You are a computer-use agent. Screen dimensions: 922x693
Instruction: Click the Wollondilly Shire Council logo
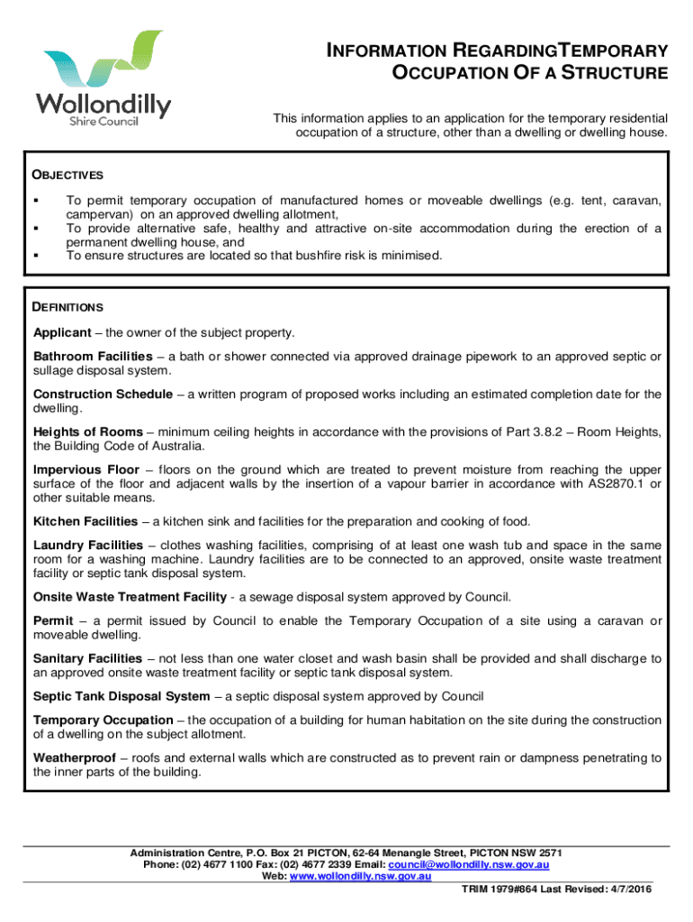pos(103,79)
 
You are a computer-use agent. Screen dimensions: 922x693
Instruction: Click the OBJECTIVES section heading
pos(68,175)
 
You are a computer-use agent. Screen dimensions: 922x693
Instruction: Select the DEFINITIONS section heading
pos(68,308)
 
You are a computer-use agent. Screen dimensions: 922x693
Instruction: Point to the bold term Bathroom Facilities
pos(94,357)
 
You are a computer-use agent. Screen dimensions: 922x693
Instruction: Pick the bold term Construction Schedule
pos(103,394)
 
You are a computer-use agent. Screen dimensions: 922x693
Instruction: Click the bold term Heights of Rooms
pos(88,432)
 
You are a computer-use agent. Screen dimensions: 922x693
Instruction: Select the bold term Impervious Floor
pos(86,470)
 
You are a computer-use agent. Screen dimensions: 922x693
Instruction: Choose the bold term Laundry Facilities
pos(88,546)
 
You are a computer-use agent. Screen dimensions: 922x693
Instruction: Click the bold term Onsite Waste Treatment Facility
pos(129,597)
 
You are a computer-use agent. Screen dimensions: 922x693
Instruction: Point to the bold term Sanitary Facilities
pos(87,659)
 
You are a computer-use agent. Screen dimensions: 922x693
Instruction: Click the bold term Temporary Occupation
pos(103,720)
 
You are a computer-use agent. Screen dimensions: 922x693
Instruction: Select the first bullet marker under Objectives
pos(37,201)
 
